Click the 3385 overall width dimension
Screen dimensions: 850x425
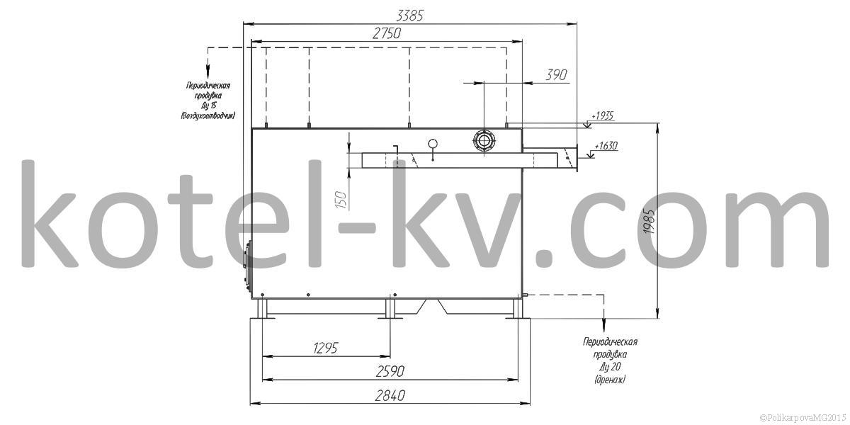409,16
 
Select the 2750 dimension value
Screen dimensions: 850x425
387,33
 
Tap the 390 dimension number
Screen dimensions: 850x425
556,75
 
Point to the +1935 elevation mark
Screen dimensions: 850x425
602,115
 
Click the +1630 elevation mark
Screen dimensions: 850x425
606,145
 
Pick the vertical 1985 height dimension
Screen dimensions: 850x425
650,221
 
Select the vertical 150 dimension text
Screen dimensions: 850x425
341,200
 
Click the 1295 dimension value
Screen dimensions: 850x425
326,348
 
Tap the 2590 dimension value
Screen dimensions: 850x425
390,371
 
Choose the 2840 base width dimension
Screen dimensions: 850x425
390,396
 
